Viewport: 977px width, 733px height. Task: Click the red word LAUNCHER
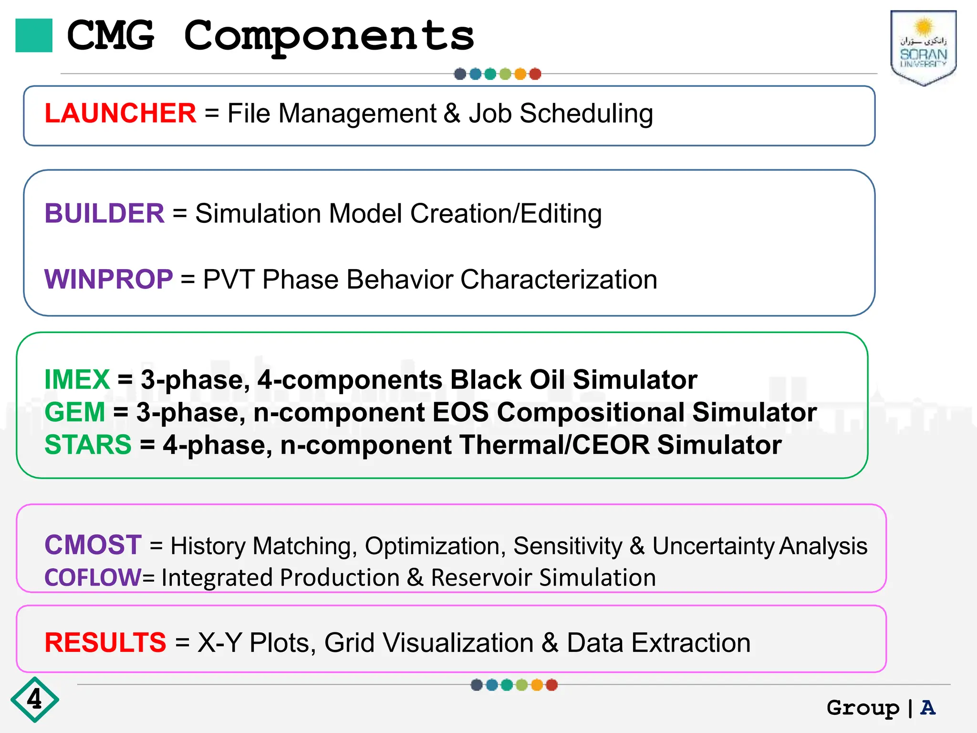[120, 114]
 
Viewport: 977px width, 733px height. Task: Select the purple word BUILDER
[104, 213]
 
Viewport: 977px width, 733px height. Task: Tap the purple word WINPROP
[108, 279]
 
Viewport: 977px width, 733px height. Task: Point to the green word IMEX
[77, 380]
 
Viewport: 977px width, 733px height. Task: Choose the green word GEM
[74, 412]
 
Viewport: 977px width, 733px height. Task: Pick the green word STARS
[88, 445]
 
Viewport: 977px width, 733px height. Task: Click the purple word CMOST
[93, 545]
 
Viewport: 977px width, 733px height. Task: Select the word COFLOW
[93, 577]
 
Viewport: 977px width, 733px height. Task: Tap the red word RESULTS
[105, 642]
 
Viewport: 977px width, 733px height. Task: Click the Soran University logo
[923, 48]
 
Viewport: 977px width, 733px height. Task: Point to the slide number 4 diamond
[34, 700]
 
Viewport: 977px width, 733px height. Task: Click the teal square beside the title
[34, 35]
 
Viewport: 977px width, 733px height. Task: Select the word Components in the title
[329, 36]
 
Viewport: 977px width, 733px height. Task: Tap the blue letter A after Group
[928, 707]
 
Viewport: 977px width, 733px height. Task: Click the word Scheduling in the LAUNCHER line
[586, 114]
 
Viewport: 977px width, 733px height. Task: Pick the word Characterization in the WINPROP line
[559, 279]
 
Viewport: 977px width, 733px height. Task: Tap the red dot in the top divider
[535, 74]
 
